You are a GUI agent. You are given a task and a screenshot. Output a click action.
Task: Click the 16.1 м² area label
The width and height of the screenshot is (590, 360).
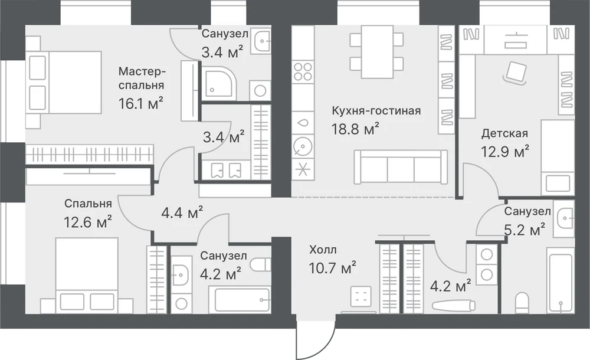pos(141,103)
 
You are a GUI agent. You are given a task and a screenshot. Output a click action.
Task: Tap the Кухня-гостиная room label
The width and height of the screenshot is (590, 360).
pos(376,111)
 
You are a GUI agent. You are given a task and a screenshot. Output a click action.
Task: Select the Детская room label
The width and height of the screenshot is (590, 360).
pos(504,133)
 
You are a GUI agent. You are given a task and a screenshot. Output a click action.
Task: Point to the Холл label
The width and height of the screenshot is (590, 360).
pos(323,250)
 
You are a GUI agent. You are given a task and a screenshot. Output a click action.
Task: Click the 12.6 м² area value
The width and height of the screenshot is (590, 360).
pos(88,222)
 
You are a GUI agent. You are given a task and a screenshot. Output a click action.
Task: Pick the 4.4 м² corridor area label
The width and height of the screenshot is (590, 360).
pos(182,213)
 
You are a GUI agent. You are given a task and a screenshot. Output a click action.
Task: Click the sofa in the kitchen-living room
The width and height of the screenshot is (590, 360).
pos(401,167)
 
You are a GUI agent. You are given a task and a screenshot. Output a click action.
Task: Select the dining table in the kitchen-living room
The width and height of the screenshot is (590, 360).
pos(376,51)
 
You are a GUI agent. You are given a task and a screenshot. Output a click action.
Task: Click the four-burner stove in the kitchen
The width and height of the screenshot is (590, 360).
pos(303,71)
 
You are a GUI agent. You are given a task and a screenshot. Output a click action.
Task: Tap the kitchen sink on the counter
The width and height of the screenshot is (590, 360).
pos(303,123)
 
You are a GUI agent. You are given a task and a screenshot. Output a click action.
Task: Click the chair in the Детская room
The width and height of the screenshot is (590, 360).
pos(515,73)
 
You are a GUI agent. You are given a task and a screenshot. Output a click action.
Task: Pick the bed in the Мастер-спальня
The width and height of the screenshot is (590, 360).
pos(64,82)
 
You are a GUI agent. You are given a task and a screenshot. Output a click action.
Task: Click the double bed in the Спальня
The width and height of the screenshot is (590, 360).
pos(87,275)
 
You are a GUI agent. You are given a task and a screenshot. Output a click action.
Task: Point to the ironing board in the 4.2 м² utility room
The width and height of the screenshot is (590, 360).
pos(453,305)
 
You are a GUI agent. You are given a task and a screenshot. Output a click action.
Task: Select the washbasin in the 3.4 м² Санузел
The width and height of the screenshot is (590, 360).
pos(261,40)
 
